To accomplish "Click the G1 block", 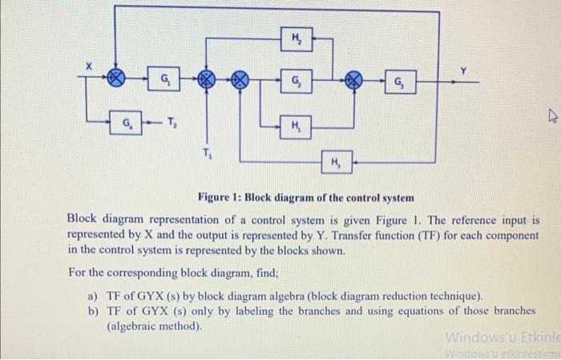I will pyautogui.click(x=164, y=79).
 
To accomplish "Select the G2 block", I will pyautogui.click(x=297, y=79).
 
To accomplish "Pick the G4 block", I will pyautogui.click(x=128, y=124).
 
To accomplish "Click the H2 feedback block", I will pyautogui.click(x=297, y=38).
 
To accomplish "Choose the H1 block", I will pyautogui.click(x=297, y=124).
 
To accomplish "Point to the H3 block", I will pyautogui.click(x=335, y=164).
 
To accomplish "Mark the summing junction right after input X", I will pyautogui.click(x=118, y=79).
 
